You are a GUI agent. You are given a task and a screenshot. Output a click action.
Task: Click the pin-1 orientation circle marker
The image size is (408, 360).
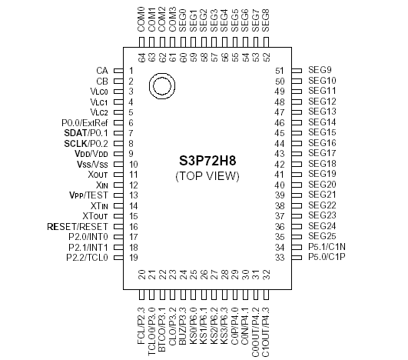tap(161, 85)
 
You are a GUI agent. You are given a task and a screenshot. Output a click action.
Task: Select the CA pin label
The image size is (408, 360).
tap(101, 70)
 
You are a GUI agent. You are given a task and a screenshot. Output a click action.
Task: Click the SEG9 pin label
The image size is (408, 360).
tap(320, 70)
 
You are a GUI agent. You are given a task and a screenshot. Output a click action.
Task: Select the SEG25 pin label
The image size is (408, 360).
tap(323, 236)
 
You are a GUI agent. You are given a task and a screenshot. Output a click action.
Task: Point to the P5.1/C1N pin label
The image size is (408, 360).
tap(327, 247)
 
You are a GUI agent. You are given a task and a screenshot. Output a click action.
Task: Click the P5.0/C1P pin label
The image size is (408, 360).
tap(327, 257)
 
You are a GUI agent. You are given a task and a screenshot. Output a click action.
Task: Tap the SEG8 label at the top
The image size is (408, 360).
tap(266, 18)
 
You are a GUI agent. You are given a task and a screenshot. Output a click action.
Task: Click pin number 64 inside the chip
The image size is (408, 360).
tap(142, 57)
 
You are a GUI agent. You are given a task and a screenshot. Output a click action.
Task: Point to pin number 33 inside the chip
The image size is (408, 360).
tap(280, 257)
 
